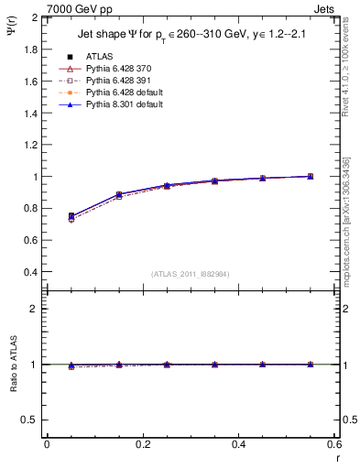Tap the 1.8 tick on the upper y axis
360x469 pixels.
coord(29,49)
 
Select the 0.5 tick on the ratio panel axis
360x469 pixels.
coord(29,420)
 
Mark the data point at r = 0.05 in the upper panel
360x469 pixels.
coord(71,216)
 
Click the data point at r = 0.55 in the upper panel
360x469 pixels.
coord(311,176)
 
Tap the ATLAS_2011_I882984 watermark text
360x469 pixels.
coord(191,274)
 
